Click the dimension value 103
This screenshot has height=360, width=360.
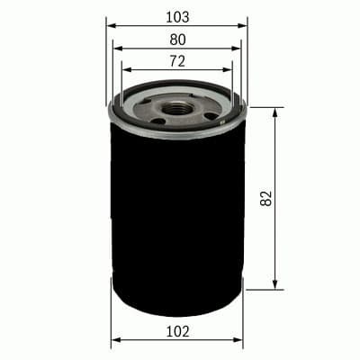[x=177, y=16]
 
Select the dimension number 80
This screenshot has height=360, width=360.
[x=177, y=39]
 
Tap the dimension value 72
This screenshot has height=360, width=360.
[x=177, y=60]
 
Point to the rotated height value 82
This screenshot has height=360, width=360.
[x=265, y=199]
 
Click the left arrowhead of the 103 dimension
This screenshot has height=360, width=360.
[x=111, y=26]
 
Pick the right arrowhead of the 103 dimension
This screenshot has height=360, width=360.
[x=243, y=26]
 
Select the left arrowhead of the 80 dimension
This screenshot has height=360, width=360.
[x=118, y=49]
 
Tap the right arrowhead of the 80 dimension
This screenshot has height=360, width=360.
[x=236, y=49]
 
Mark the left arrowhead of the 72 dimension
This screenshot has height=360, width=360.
[x=125, y=69]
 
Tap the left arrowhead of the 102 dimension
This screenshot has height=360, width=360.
[x=114, y=341]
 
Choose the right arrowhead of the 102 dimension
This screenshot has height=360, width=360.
[x=240, y=341]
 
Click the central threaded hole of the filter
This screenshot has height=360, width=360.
[x=178, y=106]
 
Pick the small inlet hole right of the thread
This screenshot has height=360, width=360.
[x=211, y=115]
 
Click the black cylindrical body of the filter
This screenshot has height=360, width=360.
[x=176, y=216]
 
